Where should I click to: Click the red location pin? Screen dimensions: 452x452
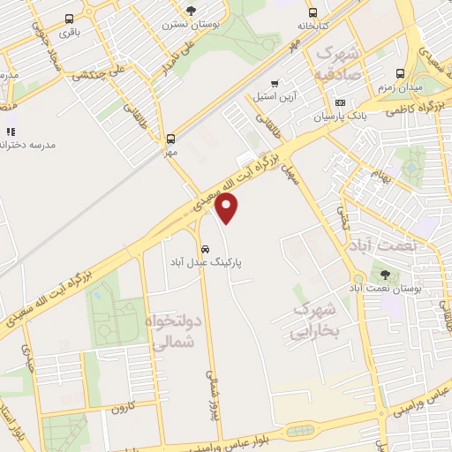pos(227,208)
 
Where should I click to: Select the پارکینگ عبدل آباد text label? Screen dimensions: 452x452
pos(207,262)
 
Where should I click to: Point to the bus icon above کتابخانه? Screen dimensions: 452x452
pos(312,12)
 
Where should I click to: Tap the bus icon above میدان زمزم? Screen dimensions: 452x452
pos(402,74)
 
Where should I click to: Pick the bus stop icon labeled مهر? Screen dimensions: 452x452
pos(169,138)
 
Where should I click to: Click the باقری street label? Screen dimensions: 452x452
pos(68,32)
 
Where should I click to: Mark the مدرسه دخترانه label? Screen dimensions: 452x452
pos(31,144)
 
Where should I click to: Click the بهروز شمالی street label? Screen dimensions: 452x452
pos(210,390)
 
